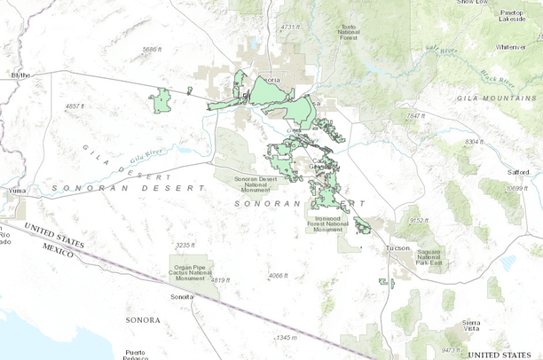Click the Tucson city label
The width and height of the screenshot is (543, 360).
click(x=397, y=249)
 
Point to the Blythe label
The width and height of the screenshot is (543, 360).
click(x=20, y=75)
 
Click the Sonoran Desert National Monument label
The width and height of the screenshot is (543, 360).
click(x=257, y=184)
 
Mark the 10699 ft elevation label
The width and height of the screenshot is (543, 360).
click(x=516, y=188)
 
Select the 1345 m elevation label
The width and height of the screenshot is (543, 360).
click(x=287, y=337)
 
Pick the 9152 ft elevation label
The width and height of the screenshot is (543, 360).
click(x=420, y=220)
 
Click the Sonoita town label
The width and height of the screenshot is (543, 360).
click(x=183, y=296)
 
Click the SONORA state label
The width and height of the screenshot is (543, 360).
click(x=143, y=319)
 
